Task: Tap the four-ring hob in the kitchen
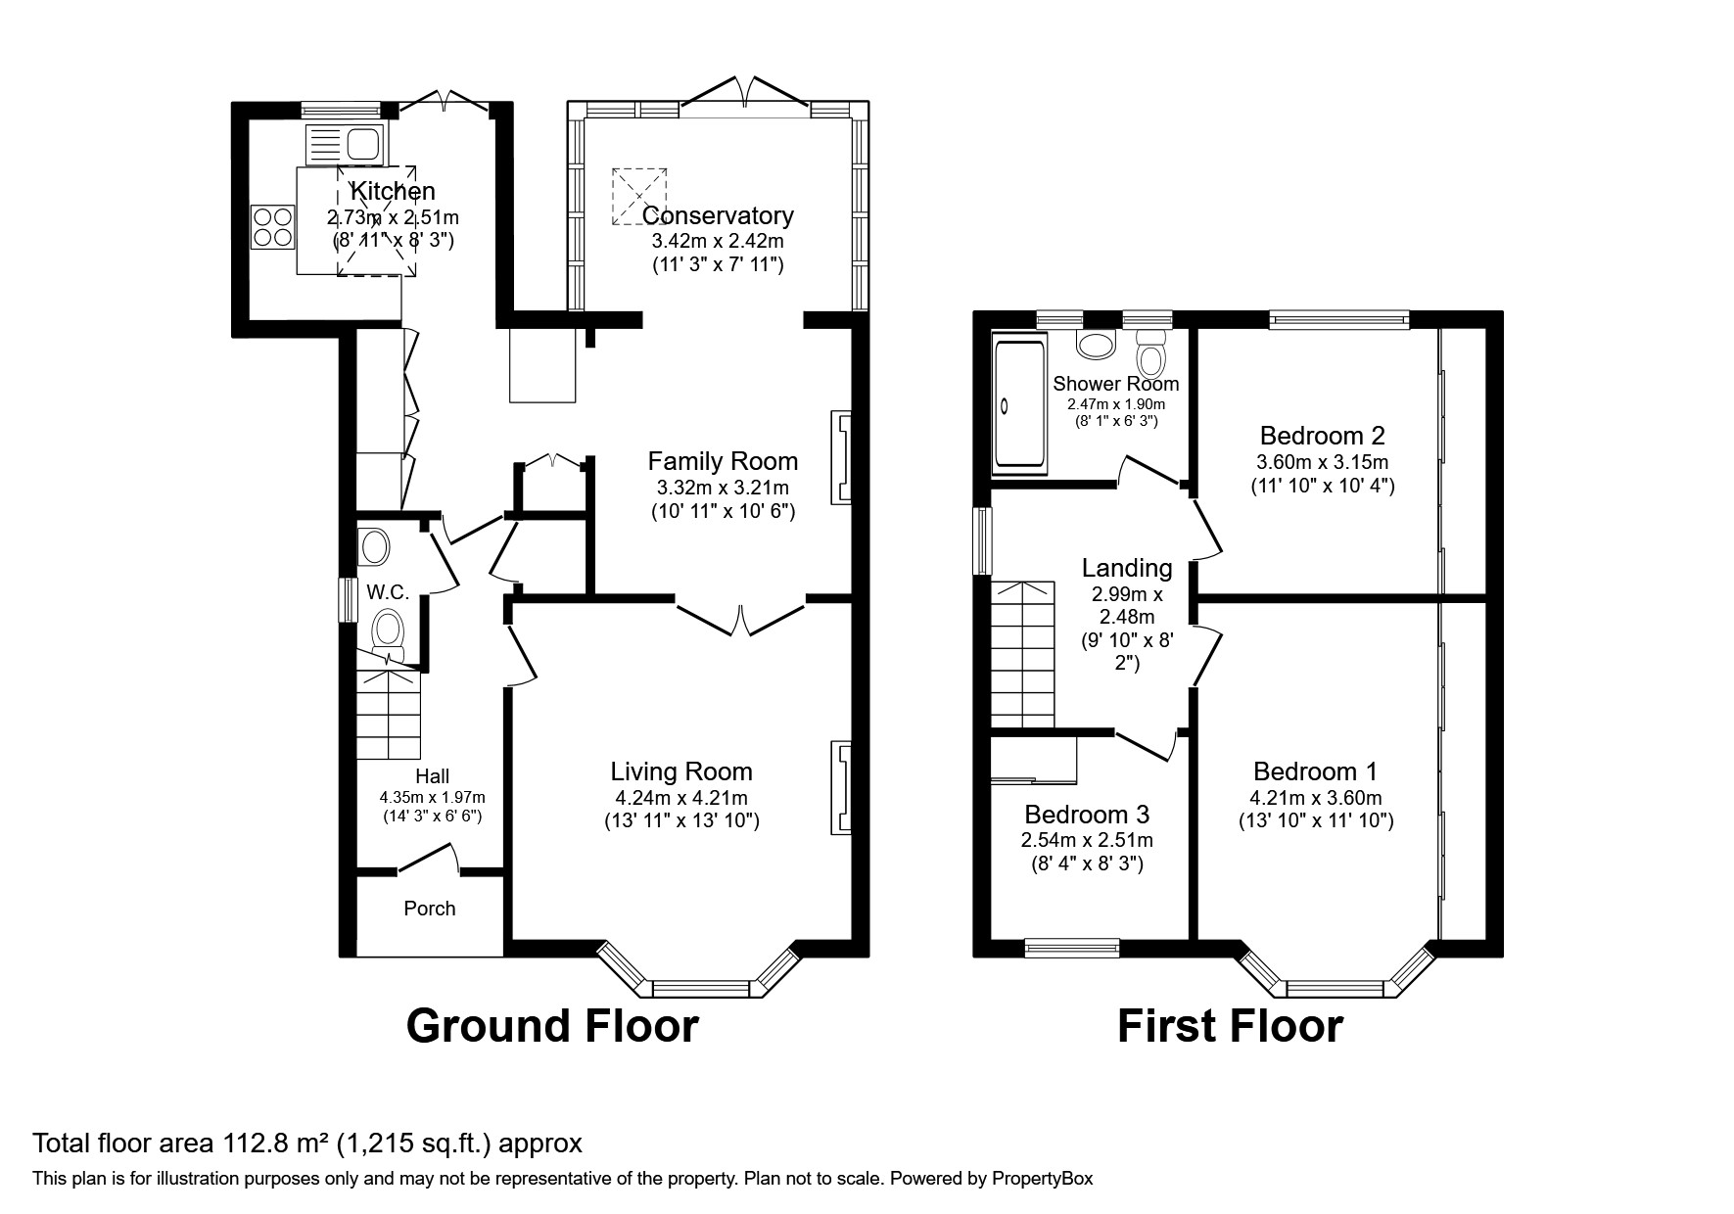(x=272, y=225)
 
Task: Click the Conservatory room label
(x=718, y=215)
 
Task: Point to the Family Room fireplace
(x=841, y=458)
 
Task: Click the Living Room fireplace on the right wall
(x=841, y=788)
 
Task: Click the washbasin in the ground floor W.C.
(x=373, y=546)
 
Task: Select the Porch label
(x=429, y=909)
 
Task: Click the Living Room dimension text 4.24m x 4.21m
(x=681, y=798)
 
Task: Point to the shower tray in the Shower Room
(x=1019, y=402)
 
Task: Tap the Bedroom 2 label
(x=1322, y=436)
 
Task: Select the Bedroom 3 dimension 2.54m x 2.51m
(x=1087, y=840)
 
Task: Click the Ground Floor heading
(x=552, y=1026)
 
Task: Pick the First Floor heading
(x=1230, y=1026)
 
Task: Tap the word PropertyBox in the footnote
(x=1042, y=1179)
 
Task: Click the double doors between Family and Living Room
(x=741, y=618)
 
